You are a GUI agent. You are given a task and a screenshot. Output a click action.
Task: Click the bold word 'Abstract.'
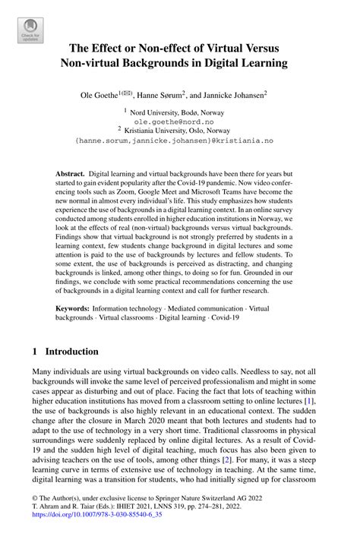(71, 174)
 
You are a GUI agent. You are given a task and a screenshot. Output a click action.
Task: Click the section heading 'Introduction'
(71, 352)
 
